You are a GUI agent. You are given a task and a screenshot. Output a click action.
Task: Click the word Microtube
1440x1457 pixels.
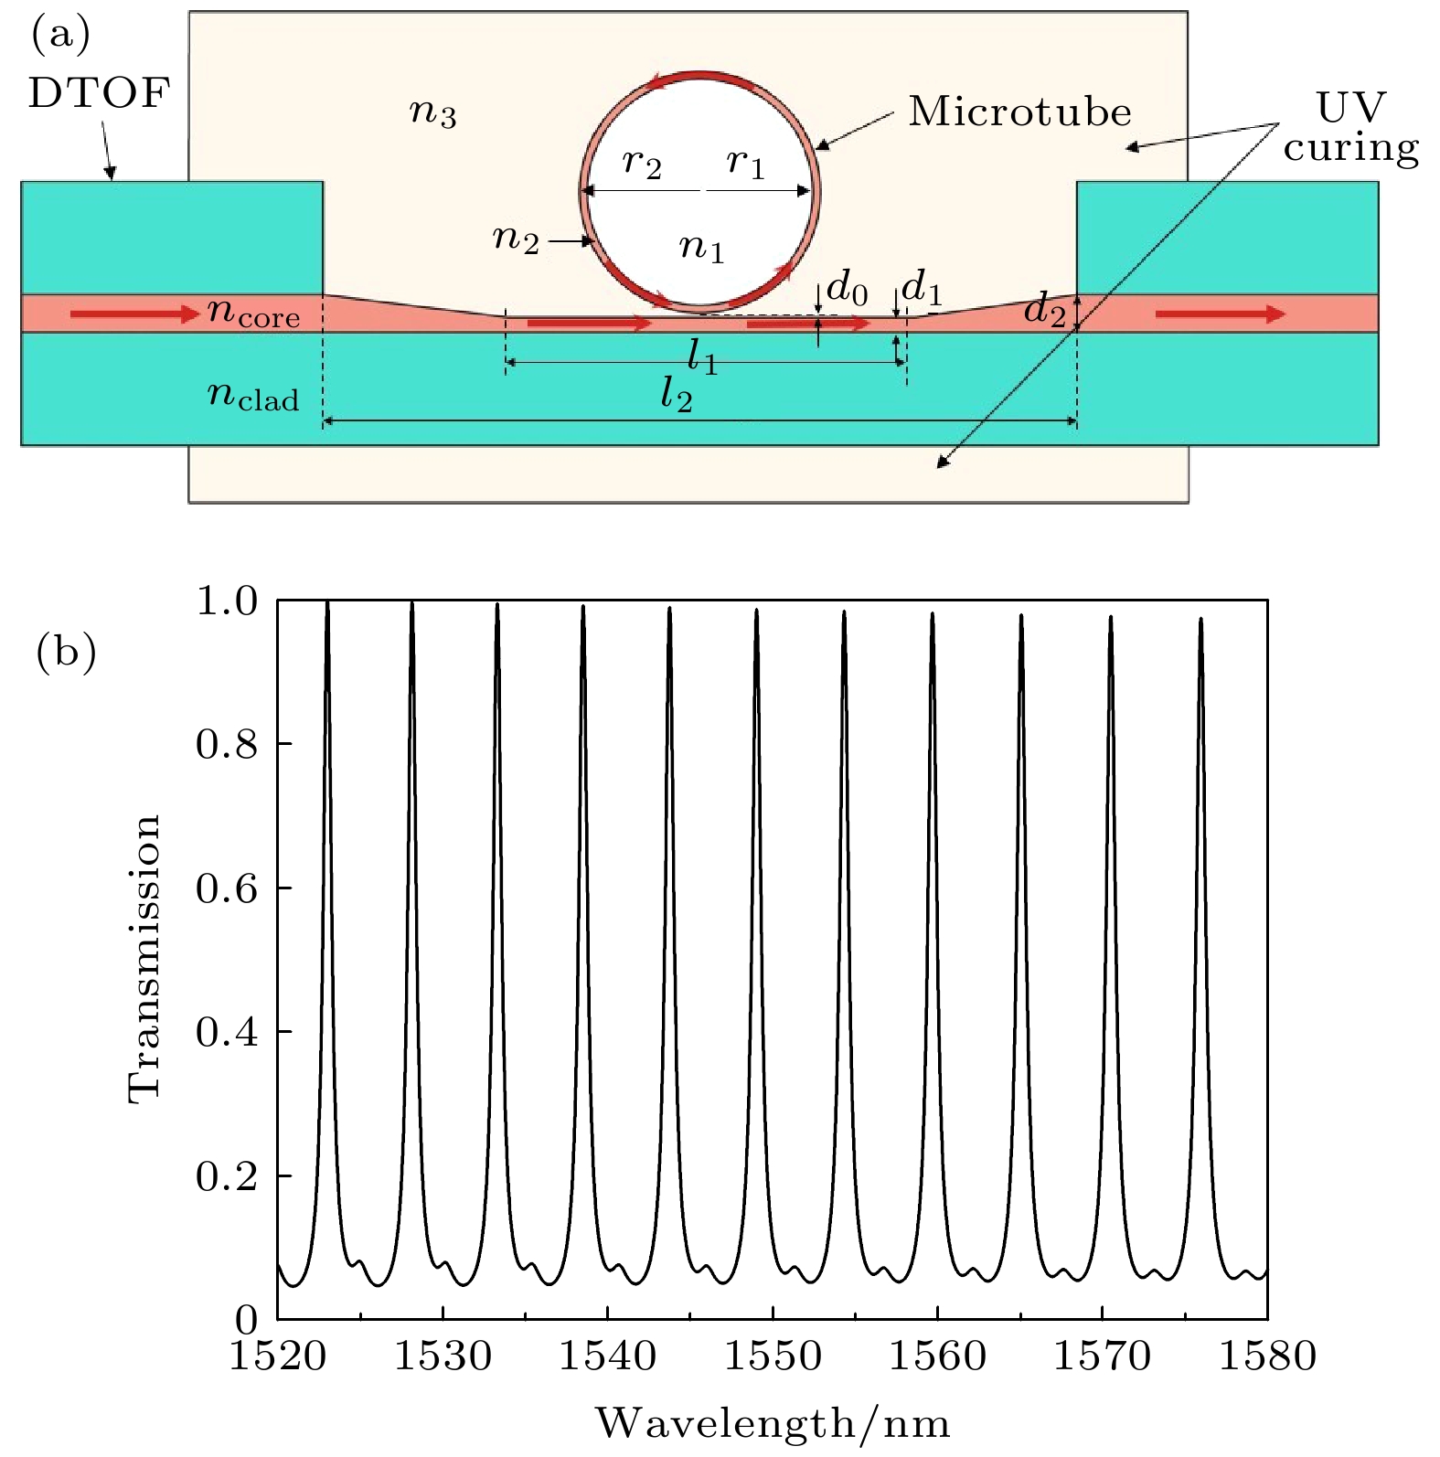point(1019,112)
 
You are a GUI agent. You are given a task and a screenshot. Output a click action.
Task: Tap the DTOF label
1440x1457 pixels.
point(99,93)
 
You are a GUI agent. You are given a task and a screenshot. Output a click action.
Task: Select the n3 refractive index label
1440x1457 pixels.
point(432,112)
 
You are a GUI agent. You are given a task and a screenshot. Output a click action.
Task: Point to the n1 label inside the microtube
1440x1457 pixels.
point(701,248)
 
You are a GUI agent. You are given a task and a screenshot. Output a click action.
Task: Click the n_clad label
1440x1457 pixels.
point(253,396)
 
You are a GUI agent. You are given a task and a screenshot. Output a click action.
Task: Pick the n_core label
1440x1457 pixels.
point(253,313)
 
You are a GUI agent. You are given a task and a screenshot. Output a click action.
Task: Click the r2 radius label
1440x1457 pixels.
point(641,164)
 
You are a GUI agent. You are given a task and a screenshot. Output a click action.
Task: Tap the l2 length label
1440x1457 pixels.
point(676,394)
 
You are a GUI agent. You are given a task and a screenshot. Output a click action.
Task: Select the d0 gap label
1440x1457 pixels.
point(846,288)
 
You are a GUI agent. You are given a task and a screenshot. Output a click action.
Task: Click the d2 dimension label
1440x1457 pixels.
point(1045,309)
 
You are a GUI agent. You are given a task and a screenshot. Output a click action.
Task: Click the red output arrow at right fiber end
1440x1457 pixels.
point(1221,314)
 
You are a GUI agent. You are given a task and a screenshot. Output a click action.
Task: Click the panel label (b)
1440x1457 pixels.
point(66,654)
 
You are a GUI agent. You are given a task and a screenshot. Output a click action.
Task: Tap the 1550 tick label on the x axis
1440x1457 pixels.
point(773,1356)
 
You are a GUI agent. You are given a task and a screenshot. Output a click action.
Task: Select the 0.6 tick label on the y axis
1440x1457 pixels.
point(227,888)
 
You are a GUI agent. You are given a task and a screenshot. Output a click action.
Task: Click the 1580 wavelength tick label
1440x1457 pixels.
point(1267,1356)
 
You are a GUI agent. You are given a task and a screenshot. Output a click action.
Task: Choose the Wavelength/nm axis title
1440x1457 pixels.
point(773,1423)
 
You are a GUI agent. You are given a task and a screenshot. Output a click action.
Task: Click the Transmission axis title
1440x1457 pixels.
point(144,960)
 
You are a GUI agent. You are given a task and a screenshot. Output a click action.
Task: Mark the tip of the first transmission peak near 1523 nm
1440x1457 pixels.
point(327,601)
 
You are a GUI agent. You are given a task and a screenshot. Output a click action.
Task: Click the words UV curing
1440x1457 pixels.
point(1351,128)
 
